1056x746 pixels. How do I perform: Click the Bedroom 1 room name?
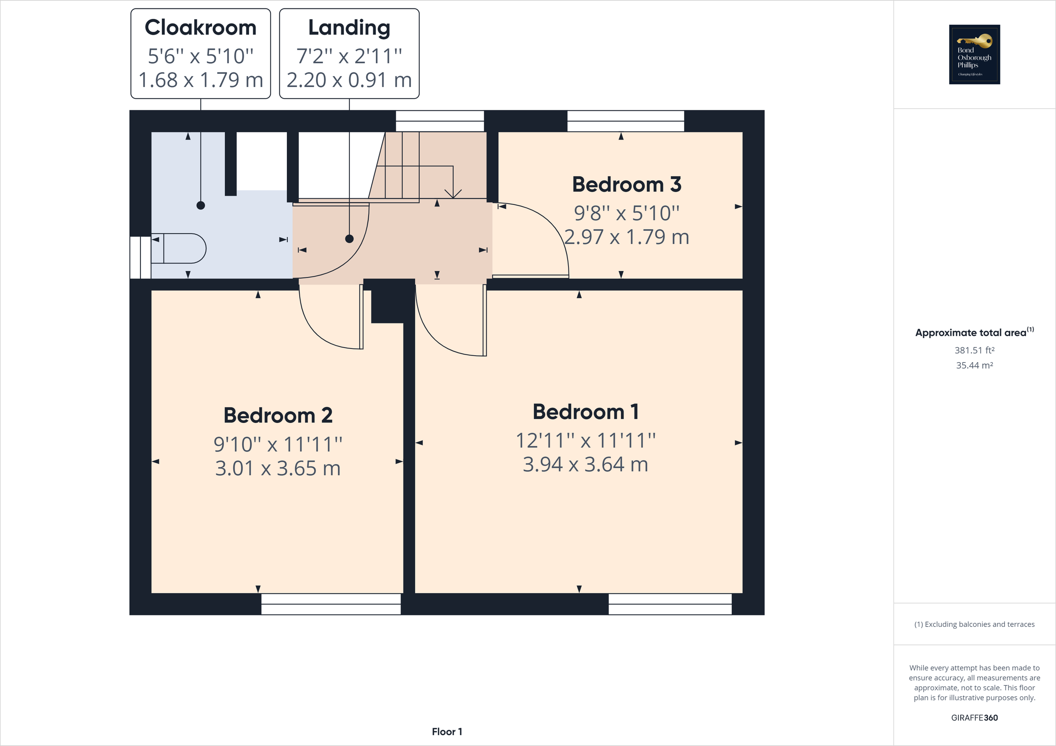click(586, 412)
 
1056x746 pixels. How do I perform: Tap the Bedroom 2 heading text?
click(278, 415)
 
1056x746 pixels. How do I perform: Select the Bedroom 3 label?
click(627, 185)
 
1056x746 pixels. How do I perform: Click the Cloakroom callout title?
click(201, 28)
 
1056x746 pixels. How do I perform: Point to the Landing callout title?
click(349, 28)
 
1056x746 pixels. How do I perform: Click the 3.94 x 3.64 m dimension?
click(586, 465)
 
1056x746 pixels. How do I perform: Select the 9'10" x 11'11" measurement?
click(278, 444)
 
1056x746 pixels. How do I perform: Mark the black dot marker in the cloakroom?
click(201, 205)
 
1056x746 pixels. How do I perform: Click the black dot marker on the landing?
click(349, 239)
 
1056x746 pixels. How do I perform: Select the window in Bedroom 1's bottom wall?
click(670, 604)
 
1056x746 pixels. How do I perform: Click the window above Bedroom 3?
click(626, 121)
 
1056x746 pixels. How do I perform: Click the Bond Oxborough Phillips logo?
click(974, 54)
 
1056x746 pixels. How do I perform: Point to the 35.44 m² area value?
click(974, 365)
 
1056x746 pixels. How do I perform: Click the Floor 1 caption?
click(447, 732)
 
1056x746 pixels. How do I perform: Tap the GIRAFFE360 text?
click(974, 717)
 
